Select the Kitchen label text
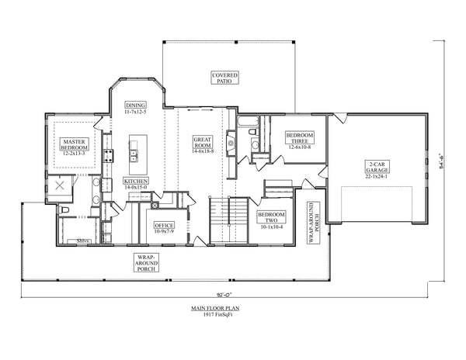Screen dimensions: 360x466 coord(136,183)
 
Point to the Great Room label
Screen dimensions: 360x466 coord(203,145)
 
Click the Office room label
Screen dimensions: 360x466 coord(164,228)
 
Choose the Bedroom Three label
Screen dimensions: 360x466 coord(299,140)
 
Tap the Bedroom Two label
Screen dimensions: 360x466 coord(272,220)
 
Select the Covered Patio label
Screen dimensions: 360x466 coord(225,78)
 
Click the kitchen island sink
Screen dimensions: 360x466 coord(134,154)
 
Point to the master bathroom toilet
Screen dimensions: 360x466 coord(65,209)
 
